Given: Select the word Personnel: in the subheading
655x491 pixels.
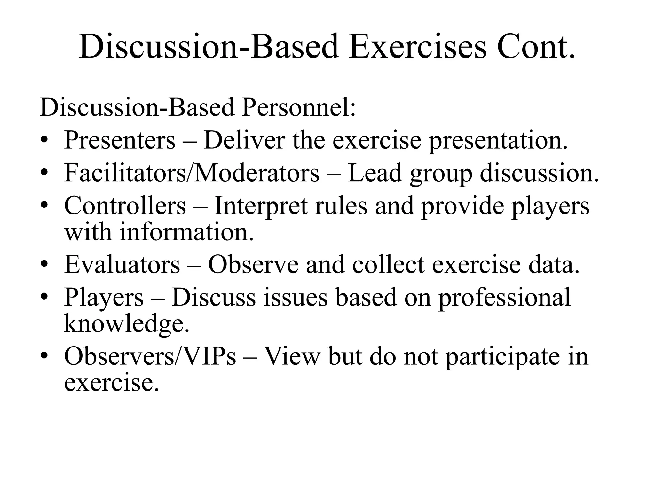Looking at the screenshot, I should (299, 108).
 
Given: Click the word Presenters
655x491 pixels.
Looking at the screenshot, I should (120, 140).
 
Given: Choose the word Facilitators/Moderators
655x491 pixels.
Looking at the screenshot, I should (192, 173).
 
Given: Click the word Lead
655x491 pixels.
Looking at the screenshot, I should (375, 173).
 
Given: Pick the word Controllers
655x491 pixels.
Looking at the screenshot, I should (125, 206).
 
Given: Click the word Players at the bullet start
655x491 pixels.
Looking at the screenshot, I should (104, 297).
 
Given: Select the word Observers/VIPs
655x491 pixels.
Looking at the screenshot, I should (150, 356).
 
